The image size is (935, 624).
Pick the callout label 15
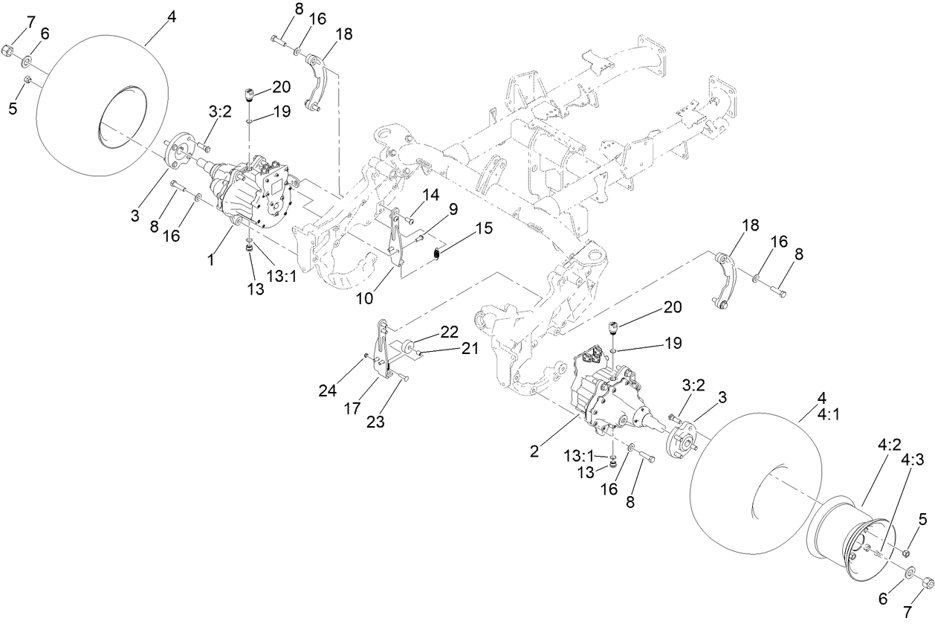(482, 228)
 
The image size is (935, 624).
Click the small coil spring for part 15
(438, 254)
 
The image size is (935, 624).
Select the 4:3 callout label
(912, 460)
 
